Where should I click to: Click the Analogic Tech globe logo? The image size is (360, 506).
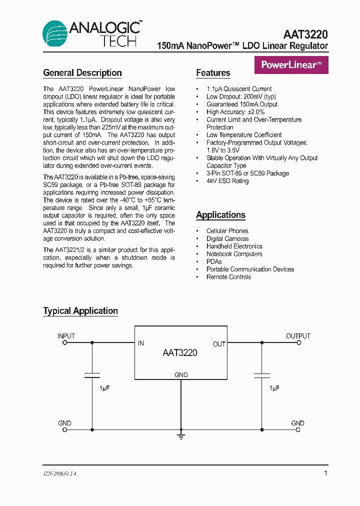pyautogui.click(x=54, y=33)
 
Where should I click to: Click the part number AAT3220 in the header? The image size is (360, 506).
pyautogui.click(x=305, y=34)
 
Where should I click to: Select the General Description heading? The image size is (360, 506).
pyautogui.click(x=82, y=73)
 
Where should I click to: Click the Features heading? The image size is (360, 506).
pyautogui.click(x=213, y=73)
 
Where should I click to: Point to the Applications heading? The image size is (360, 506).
pyautogui.click(x=220, y=215)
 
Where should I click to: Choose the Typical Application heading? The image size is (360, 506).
pyautogui.click(x=80, y=311)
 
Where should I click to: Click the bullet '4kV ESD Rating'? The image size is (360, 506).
pyautogui.click(x=227, y=181)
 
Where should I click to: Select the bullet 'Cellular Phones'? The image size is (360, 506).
pyautogui.click(x=227, y=231)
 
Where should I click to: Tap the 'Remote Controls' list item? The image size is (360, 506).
pyautogui.click(x=228, y=277)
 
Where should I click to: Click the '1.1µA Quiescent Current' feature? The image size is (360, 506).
pyautogui.click(x=239, y=89)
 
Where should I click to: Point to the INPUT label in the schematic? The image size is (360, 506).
pyautogui.click(x=66, y=336)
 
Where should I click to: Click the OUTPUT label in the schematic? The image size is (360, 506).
pyautogui.click(x=298, y=336)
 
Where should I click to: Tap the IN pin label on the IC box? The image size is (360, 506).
pyautogui.click(x=141, y=343)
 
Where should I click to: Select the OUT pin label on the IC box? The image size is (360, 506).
pyautogui.click(x=219, y=344)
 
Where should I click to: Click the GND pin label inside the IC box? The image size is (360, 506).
pyautogui.click(x=181, y=375)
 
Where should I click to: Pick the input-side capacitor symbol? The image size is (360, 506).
pyautogui.click(x=92, y=374)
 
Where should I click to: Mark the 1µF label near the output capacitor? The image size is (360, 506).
pyautogui.click(x=274, y=388)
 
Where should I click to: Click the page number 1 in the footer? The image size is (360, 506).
pyautogui.click(x=325, y=473)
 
